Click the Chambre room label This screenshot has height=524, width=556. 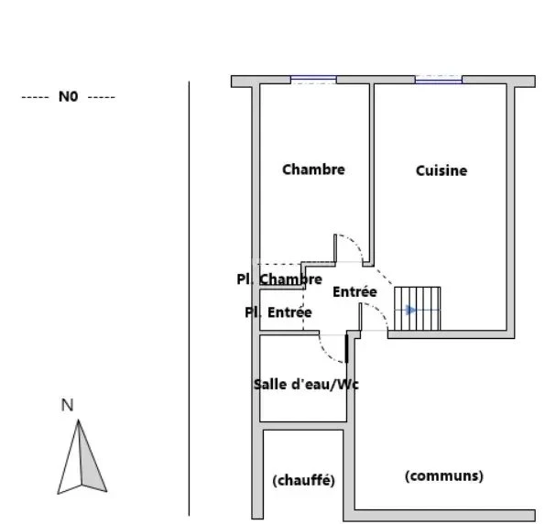pos(313,169)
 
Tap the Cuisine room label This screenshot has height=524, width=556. pos(442,170)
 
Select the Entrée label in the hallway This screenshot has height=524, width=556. pos(354,292)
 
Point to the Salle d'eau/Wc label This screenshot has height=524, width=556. pos(306,385)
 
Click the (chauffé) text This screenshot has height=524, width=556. pos(303,480)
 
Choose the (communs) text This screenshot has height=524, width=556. pos(444,475)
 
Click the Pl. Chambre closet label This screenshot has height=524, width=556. pos(279,279)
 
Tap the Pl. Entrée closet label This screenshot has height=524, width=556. pos(278,312)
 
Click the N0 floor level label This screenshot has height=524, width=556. pos(68,96)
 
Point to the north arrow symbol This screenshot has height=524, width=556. pos(82,457)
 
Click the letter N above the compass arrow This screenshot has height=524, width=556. pos(68,405)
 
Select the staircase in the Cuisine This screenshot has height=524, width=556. pos(418,309)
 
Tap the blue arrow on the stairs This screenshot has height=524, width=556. pos(411,310)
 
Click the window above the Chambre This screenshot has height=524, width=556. pos(313,80)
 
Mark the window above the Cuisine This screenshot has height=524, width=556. pos(439,80)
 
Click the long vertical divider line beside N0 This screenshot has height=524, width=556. pos(189,299)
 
